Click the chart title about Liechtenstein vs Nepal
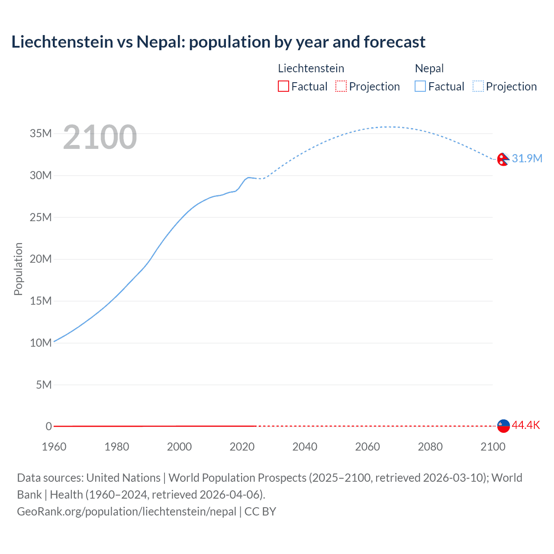pyautogui.click(x=218, y=42)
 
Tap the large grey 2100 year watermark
pyautogui.click(x=100, y=137)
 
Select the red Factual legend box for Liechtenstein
pyautogui.click(x=283, y=87)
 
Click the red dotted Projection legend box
pyautogui.click(x=341, y=87)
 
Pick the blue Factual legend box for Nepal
pyautogui.click(x=420, y=87)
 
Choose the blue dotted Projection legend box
pyautogui.click(x=478, y=87)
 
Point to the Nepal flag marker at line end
pyautogui.click(x=503, y=160)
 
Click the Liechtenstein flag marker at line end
pyautogui.click(x=503, y=426)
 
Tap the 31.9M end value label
pyautogui.click(x=527, y=158)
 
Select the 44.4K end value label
pyautogui.click(x=526, y=425)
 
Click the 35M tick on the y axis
pyautogui.click(x=41, y=133)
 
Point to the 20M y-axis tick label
pyautogui.click(x=41, y=259)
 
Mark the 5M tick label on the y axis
pyautogui.click(x=44, y=385)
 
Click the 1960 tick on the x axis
pyautogui.click(x=54, y=447)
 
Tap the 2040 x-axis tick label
pyautogui.click(x=305, y=447)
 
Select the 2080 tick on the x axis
pyautogui.click(x=430, y=447)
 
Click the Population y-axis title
pyautogui.click(x=18, y=269)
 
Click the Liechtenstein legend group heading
pyautogui.click(x=311, y=68)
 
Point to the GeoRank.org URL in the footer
pyautogui.click(x=126, y=512)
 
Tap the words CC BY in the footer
pyautogui.click(x=260, y=512)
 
